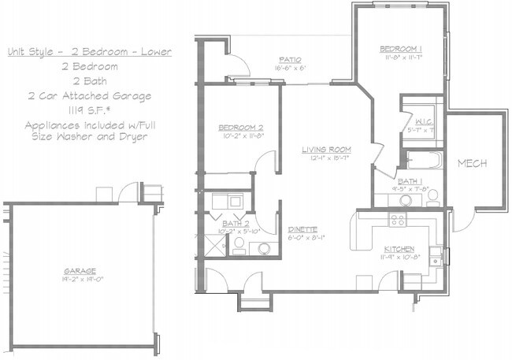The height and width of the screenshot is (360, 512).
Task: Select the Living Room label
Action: pos(327,150)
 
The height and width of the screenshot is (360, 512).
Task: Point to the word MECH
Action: pos(472,163)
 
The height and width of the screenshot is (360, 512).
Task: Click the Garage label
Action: pos(80,270)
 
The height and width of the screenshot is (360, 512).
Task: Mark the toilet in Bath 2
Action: pos(263,249)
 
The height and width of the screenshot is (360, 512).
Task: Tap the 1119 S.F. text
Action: pos(88,110)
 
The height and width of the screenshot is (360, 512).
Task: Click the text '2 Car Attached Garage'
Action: pos(88,96)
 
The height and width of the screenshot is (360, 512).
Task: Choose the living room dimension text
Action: pos(327,158)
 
